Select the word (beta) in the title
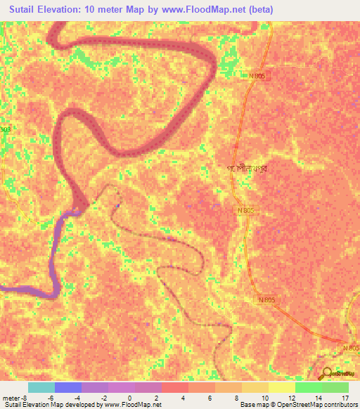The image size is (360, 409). (x=258, y=10)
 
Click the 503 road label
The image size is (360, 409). (x=6, y=129)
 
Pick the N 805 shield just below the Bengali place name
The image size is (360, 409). (x=245, y=210)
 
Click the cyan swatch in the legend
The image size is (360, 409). (x=41, y=387)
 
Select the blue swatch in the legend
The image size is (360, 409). (x=67, y=387)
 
